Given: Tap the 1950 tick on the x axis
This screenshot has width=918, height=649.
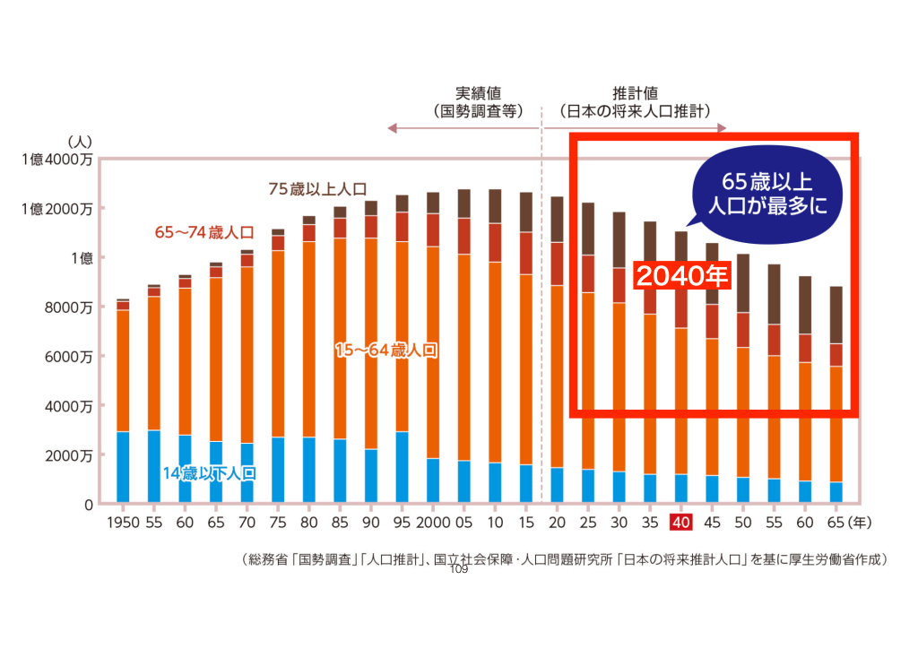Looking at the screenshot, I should [123, 522].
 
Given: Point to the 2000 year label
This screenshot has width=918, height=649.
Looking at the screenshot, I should [432, 522].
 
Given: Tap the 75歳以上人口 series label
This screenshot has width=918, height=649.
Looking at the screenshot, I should [317, 189].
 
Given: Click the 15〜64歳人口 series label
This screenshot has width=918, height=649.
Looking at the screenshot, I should [385, 350].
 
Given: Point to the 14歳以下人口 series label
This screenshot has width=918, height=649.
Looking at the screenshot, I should [209, 472].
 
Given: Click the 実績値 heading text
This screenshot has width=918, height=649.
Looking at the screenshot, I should [477, 93].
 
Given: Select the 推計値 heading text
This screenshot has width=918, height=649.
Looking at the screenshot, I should [635, 93].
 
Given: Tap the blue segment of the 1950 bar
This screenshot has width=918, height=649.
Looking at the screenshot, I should [123, 466].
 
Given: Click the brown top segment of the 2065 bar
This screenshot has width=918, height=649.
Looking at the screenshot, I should [836, 314].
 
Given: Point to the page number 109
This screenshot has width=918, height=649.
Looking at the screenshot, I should [458, 569].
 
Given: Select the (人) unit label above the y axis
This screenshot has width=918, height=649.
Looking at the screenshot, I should [78, 142].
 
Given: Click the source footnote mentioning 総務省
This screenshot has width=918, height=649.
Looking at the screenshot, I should [565, 559].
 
